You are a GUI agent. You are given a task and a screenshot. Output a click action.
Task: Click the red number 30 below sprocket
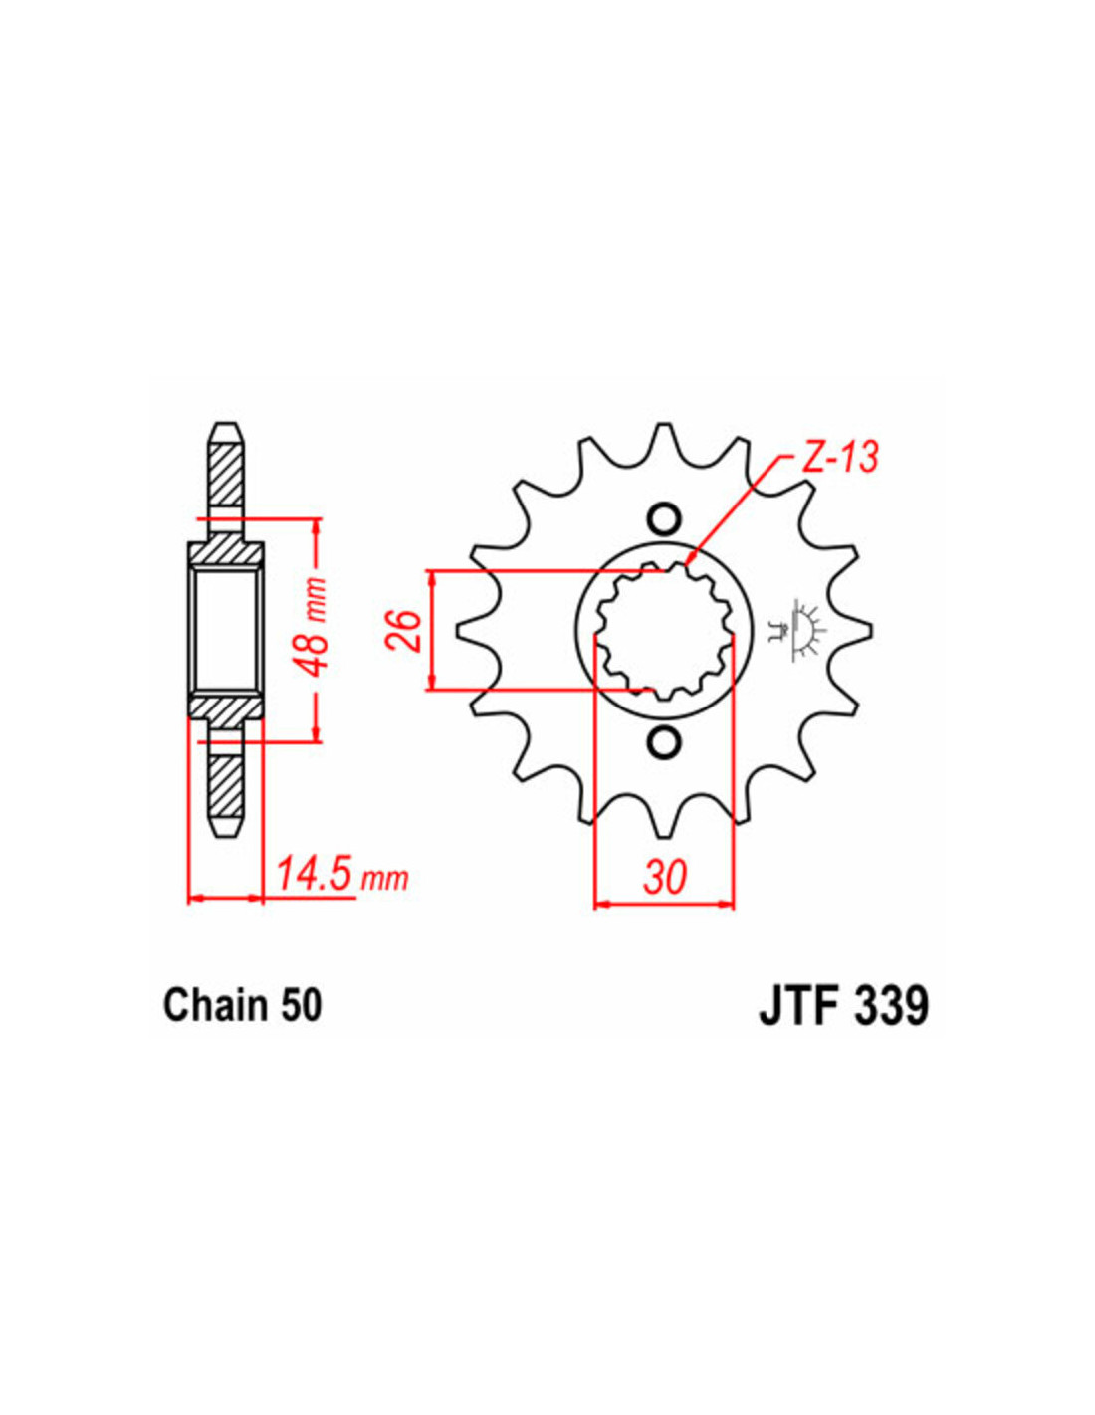[x=665, y=877]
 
